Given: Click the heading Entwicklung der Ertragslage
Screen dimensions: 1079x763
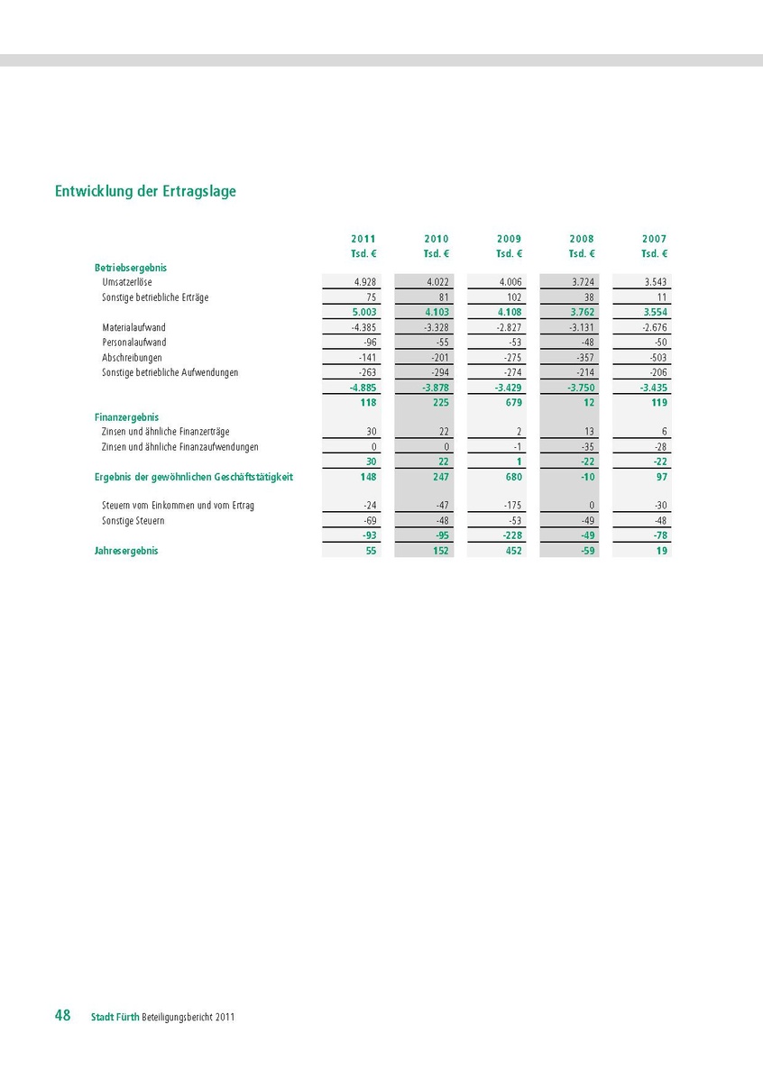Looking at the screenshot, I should pos(145,191).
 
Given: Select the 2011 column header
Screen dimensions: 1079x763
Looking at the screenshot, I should pos(363,239).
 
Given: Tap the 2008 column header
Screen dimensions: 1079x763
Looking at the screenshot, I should pos(582,239).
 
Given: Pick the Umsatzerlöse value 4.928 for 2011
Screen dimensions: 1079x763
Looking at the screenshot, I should pos(365,282).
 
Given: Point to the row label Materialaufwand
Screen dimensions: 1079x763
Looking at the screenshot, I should pos(133,327).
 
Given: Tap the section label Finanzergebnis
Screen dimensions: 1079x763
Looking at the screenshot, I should pos(126,417).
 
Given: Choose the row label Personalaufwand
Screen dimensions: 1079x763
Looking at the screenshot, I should pos(134,343).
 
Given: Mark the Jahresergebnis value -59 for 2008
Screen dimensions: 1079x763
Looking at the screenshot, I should pos(586,551).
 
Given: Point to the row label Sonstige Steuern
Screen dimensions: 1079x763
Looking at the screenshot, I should pos(133,521).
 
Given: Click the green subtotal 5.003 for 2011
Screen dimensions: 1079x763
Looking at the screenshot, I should pos(363,312).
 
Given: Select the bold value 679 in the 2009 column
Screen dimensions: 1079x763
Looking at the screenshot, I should pos(512,402).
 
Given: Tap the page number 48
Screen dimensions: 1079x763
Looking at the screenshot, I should pos(62,1015).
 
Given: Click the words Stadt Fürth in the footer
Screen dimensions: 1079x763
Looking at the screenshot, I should pos(115,1017).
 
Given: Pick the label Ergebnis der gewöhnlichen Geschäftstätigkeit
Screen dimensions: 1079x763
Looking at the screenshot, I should pos(194,476).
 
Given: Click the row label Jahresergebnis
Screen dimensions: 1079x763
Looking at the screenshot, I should pos(126,551).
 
